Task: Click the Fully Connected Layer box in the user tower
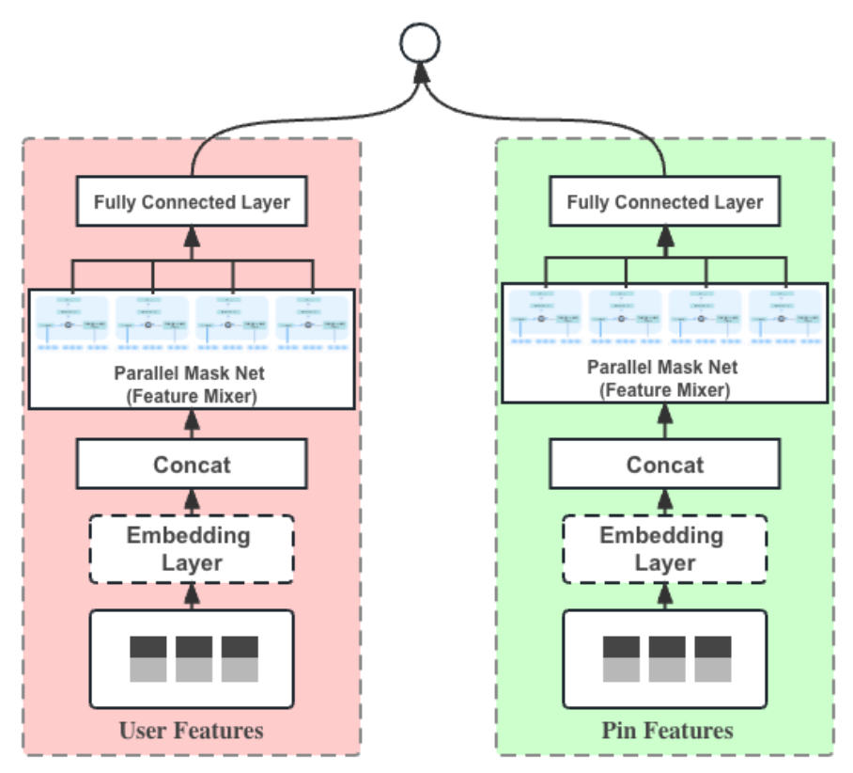point(192,202)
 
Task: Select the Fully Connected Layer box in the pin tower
point(665,202)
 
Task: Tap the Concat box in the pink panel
point(192,465)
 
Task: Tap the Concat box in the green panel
point(665,465)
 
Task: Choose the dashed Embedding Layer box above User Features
point(192,549)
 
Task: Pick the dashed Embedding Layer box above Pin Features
point(665,549)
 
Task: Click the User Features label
point(192,731)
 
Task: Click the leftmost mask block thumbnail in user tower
point(72,320)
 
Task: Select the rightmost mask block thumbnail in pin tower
point(785,318)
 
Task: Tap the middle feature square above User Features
point(194,658)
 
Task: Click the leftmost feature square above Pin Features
point(621,658)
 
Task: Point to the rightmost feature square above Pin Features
point(713,658)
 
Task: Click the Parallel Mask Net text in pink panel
point(192,374)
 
